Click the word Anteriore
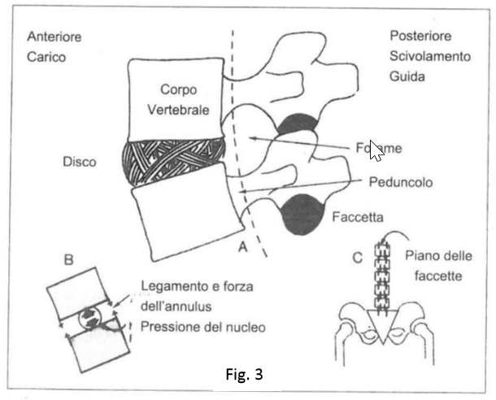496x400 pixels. (55, 37)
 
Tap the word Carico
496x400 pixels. (46, 57)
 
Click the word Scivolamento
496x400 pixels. (429, 57)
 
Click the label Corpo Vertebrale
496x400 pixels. (177, 101)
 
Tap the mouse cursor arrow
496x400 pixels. (376, 150)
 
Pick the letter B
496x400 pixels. (69, 260)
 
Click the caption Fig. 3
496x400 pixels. (243, 376)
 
